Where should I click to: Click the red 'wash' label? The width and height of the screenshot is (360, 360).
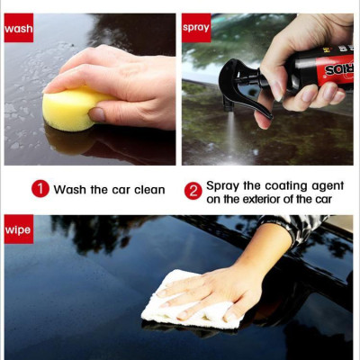(x=19, y=28)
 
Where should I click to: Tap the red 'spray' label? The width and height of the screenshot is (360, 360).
(x=196, y=28)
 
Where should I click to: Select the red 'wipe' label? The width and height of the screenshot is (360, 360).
(x=19, y=229)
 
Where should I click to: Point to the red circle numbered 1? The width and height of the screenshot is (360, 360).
(x=40, y=189)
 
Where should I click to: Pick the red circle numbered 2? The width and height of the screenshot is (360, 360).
(x=193, y=191)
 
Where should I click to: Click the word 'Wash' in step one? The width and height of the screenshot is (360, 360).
(x=70, y=190)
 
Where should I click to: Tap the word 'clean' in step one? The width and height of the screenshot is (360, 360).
(x=149, y=190)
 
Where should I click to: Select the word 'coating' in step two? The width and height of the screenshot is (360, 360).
(x=286, y=186)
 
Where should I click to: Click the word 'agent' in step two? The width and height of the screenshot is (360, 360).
(x=328, y=186)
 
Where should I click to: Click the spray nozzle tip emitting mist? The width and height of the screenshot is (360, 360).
(x=229, y=108)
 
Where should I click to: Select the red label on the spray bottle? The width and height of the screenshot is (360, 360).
(x=334, y=69)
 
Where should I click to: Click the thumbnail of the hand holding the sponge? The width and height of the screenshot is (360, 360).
(x=90, y=89)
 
